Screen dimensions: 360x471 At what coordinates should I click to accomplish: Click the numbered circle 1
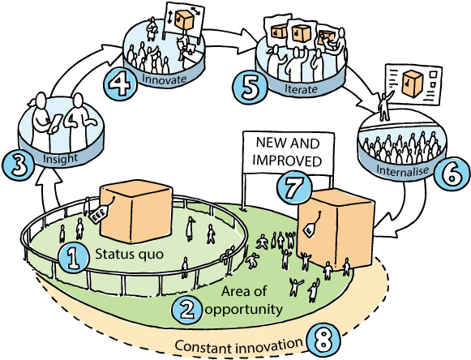[73, 259]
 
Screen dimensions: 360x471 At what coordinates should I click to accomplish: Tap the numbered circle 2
[185, 309]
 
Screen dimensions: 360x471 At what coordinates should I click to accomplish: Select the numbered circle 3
[17, 165]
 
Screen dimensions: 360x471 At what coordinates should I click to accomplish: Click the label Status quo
[123, 255]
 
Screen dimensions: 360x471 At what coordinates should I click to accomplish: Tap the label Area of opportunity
[253, 301]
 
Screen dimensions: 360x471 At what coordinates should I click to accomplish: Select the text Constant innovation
[239, 347]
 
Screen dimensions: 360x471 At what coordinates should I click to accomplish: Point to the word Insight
[62, 158]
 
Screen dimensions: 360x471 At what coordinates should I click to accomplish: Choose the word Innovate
[164, 79]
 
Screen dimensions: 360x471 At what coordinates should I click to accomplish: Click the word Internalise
[402, 171]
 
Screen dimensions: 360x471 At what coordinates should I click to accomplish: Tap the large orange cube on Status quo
[135, 211]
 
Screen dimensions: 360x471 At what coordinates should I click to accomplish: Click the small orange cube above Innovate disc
[185, 19]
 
